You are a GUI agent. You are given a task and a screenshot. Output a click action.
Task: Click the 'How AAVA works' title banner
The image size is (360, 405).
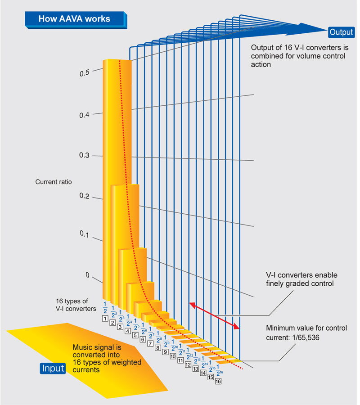click(x=74, y=19)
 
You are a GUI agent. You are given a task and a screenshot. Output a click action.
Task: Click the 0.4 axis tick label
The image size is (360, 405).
click(x=84, y=115)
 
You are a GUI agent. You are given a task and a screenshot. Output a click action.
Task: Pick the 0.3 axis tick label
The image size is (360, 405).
click(x=84, y=156)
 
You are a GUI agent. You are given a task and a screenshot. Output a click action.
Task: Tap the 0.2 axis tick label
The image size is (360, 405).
click(x=84, y=197)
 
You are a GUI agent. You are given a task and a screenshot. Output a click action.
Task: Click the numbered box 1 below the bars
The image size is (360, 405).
click(x=105, y=318)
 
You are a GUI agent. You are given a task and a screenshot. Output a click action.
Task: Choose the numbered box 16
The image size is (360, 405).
click(x=218, y=381)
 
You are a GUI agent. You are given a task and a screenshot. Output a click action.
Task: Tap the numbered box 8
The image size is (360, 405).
click(x=158, y=347)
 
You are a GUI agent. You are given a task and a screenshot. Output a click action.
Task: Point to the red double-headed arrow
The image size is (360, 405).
click(x=214, y=317)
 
